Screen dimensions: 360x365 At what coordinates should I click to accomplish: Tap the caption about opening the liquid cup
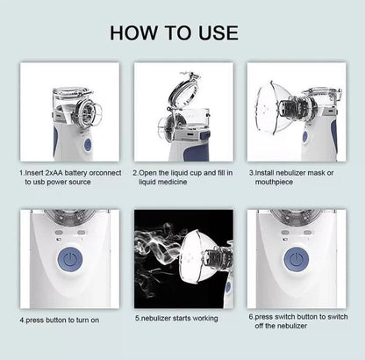(x=182, y=177)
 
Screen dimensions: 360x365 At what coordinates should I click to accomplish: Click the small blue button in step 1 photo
(x=86, y=144)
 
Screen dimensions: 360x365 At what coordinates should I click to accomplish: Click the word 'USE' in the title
(x=218, y=32)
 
